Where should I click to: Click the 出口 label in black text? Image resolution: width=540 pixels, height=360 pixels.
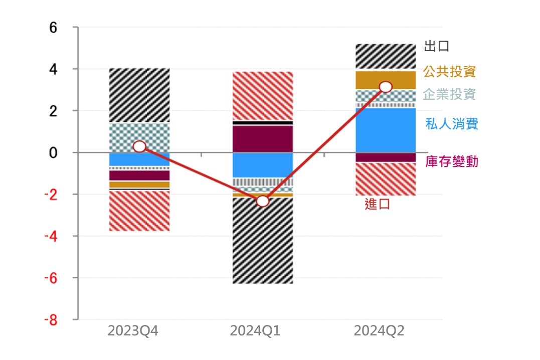click(436, 47)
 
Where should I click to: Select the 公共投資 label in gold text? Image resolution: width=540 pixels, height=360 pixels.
click(449, 71)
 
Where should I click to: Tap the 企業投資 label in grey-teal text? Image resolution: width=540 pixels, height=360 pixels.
click(449, 94)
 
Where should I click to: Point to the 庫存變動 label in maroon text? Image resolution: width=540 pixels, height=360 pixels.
click(451, 161)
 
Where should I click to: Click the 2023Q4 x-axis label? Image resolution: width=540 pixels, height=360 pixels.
click(132, 331)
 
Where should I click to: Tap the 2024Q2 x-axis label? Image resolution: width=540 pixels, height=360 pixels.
click(379, 331)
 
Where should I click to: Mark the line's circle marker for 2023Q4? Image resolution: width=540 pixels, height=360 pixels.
click(139, 146)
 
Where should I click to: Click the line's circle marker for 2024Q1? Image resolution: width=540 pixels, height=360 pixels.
click(262, 201)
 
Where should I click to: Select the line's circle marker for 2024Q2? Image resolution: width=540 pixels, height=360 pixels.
click(386, 87)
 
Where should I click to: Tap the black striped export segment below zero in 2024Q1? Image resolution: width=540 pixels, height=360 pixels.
click(262, 241)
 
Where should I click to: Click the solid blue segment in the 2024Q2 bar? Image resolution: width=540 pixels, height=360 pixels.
click(386, 130)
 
